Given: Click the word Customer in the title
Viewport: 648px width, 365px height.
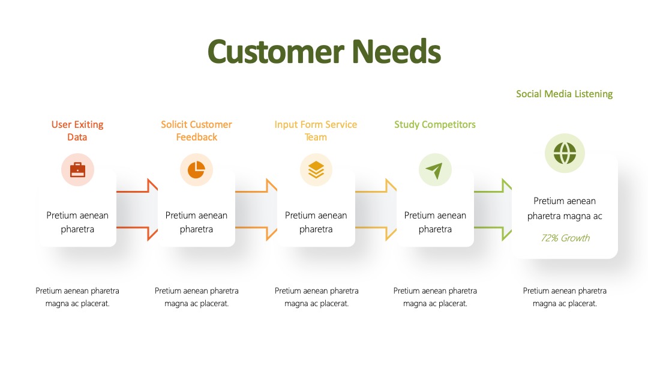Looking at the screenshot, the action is [x=275, y=52].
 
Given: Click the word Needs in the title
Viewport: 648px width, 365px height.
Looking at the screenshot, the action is [x=397, y=52].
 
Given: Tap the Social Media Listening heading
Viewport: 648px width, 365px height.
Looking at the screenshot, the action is [x=564, y=94].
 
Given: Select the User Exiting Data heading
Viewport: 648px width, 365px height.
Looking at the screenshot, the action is [x=77, y=131].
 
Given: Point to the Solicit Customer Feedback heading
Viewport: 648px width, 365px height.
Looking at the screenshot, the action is [x=196, y=131].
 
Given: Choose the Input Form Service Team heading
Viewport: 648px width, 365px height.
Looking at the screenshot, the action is [x=316, y=131].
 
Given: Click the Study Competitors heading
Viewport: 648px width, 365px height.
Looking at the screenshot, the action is [x=435, y=124].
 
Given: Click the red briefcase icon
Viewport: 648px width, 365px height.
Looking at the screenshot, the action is [x=77, y=170].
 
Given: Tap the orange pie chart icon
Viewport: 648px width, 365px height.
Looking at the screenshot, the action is [x=196, y=170].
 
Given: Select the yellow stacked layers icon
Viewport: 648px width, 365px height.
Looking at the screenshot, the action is [x=316, y=170].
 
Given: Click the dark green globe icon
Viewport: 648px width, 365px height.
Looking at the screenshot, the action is [x=565, y=153].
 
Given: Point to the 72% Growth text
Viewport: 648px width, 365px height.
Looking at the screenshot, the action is [x=565, y=238].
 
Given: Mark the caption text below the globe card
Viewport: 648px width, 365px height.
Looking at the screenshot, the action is [x=565, y=297].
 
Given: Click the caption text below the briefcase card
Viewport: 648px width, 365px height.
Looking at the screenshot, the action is [x=77, y=297].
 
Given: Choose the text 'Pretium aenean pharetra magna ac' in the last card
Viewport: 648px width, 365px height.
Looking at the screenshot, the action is [x=565, y=208].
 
